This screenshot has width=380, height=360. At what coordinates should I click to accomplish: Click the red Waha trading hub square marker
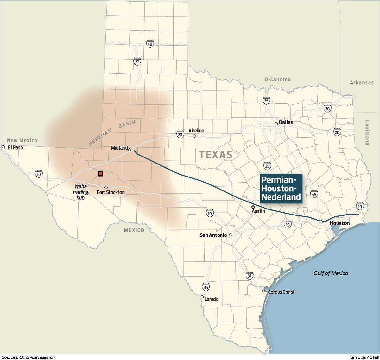(100, 173)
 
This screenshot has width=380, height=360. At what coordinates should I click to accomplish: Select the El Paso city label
(15, 147)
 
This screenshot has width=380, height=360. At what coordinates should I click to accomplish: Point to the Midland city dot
(130, 150)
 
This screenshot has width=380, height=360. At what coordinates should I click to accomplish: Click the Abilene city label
(196, 131)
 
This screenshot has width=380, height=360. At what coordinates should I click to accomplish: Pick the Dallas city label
(286, 122)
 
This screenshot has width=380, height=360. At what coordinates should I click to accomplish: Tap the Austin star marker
(253, 207)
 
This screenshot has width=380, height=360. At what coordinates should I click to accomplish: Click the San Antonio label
(213, 235)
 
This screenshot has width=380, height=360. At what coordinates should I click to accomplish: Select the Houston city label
(339, 223)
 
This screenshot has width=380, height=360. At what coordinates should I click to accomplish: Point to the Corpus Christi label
(282, 292)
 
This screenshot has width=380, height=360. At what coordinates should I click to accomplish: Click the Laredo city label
(211, 299)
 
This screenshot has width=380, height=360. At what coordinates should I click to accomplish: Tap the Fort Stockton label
(111, 192)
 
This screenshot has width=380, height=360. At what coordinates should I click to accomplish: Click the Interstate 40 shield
(150, 44)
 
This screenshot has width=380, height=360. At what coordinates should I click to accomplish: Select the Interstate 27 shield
(137, 61)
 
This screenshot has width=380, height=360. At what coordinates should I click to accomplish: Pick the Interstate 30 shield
(327, 108)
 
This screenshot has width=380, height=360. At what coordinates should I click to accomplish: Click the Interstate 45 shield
(314, 194)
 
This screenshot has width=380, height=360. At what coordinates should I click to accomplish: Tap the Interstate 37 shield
(250, 275)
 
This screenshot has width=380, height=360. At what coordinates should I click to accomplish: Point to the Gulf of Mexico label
(331, 273)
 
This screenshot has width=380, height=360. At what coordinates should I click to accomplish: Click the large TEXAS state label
(215, 155)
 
